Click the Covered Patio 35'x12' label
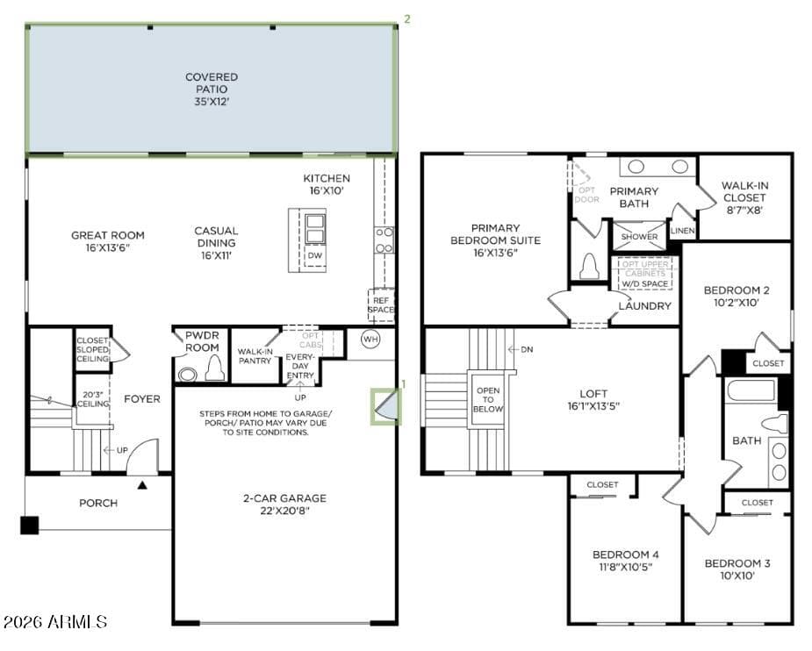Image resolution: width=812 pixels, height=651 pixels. [x=212, y=89]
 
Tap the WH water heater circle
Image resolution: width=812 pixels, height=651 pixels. [x=370, y=339]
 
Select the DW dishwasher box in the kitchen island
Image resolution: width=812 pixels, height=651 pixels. [x=315, y=255]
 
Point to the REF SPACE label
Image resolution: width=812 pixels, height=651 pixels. [x=381, y=304]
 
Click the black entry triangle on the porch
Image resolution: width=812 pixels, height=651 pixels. [x=142, y=485]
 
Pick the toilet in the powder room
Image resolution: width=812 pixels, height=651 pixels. [x=215, y=368]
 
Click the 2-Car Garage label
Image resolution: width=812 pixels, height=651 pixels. [x=284, y=504]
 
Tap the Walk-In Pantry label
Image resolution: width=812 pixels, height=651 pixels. [x=255, y=356]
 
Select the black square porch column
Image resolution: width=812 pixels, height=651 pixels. [x=30, y=526]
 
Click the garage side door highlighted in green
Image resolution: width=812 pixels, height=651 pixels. [x=385, y=407]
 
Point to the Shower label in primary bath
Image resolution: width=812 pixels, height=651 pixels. [x=640, y=237]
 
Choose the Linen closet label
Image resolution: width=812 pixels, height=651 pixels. [x=683, y=231]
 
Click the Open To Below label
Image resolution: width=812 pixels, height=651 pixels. [x=488, y=399]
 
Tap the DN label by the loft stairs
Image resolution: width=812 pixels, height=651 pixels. [x=527, y=349]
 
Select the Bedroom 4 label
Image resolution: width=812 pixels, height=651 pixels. [x=626, y=561]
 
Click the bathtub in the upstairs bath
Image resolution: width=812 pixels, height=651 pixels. [x=751, y=391]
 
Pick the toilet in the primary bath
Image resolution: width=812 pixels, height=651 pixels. [x=589, y=267]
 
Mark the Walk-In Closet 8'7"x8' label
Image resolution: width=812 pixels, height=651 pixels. [x=744, y=197]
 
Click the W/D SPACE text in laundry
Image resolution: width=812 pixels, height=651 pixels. [x=644, y=284]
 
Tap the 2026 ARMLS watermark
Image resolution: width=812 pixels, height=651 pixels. [x=55, y=621]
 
